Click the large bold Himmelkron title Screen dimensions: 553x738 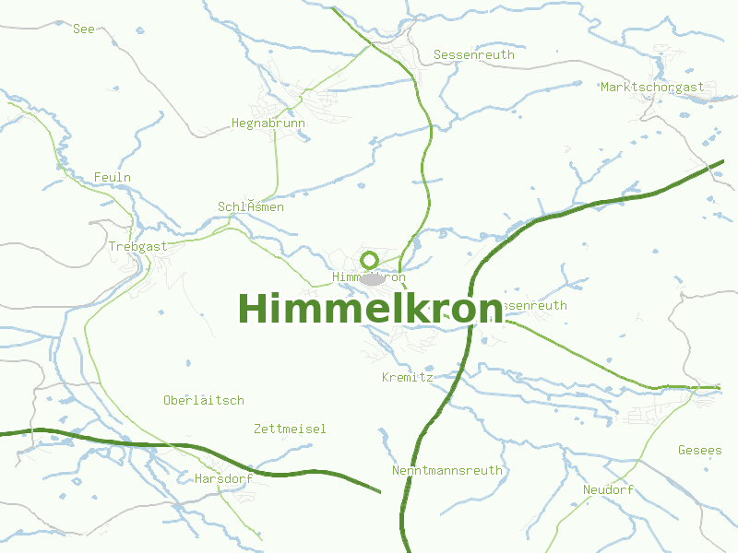(370, 309)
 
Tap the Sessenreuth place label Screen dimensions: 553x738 (474, 55)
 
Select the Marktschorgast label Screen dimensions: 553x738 (652, 88)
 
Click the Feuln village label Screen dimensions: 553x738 (113, 177)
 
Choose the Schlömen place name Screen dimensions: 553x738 (251, 207)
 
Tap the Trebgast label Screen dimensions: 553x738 (138, 247)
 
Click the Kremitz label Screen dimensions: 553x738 (408, 378)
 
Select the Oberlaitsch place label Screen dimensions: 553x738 (204, 401)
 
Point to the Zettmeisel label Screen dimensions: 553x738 (290, 429)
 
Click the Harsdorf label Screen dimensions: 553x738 (224, 479)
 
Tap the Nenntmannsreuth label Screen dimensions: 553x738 (447, 471)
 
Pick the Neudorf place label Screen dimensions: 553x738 (609, 490)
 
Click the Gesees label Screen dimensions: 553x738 (700, 451)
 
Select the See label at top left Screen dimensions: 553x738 (84, 29)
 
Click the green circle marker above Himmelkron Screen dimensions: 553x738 (370, 260)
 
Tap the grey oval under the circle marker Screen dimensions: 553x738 (372, 278)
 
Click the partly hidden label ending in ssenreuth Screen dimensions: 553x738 (536, 306)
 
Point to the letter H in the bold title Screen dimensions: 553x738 (254, 309)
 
